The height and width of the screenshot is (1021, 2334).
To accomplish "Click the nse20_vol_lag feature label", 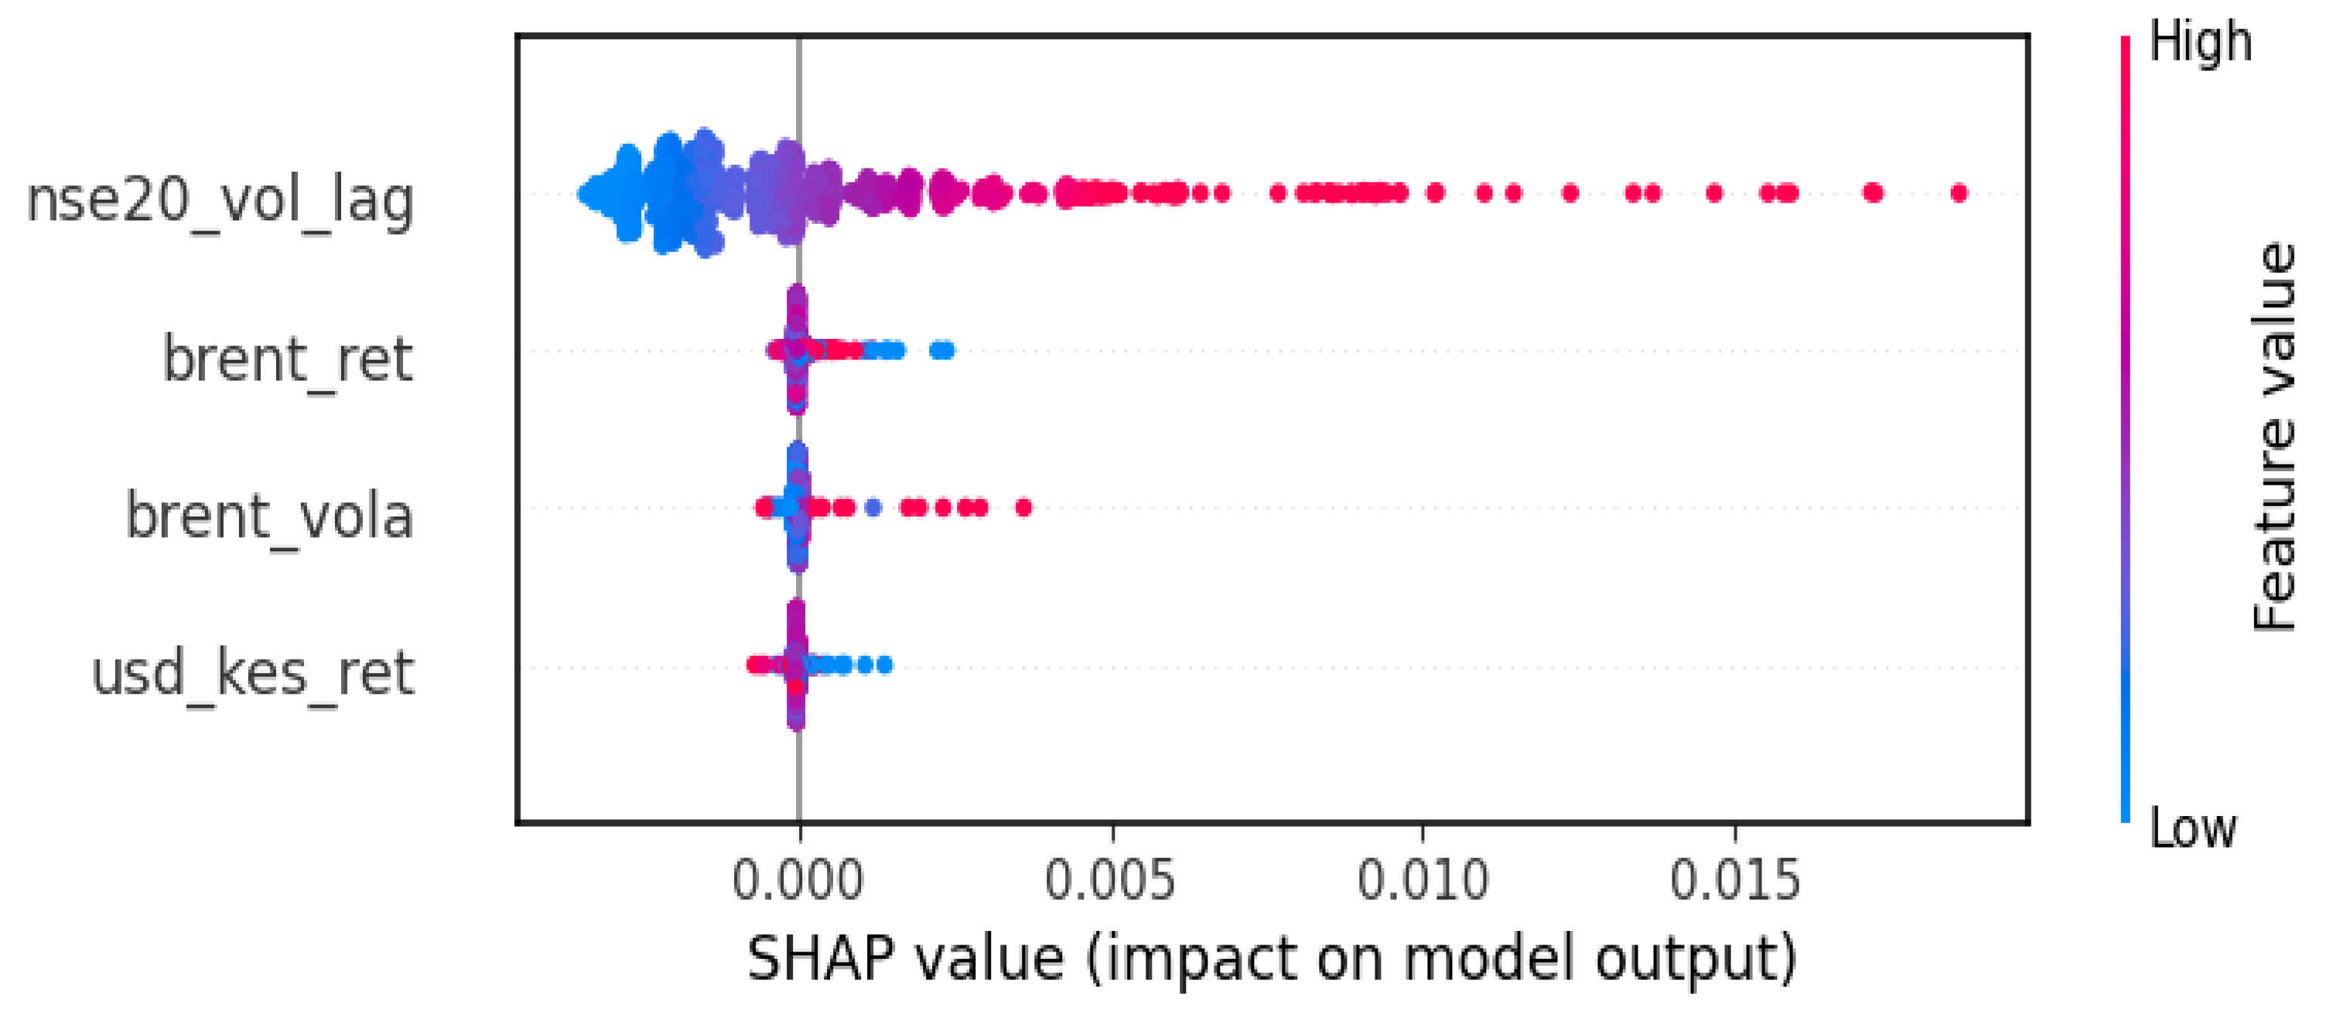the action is point(220,201).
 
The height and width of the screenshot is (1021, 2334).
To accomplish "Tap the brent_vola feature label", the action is point(269,517).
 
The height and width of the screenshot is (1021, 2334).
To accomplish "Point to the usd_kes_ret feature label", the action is point(253,673).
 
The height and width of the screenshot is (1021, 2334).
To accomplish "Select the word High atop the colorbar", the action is point(2200,42).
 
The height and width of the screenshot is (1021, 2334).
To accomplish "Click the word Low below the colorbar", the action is point(2193,828).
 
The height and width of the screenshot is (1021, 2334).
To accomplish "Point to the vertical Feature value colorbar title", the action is point(2274,436).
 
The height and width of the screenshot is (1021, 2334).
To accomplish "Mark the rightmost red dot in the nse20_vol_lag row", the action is point(1959,193).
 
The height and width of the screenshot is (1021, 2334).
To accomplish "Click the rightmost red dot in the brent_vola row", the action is point(1024,507).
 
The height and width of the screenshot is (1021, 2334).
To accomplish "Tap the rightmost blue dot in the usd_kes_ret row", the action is point(885,665).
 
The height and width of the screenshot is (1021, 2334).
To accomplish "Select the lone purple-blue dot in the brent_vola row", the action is point(873,507).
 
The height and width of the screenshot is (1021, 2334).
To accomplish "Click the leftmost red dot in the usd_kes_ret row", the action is point(753,665).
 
